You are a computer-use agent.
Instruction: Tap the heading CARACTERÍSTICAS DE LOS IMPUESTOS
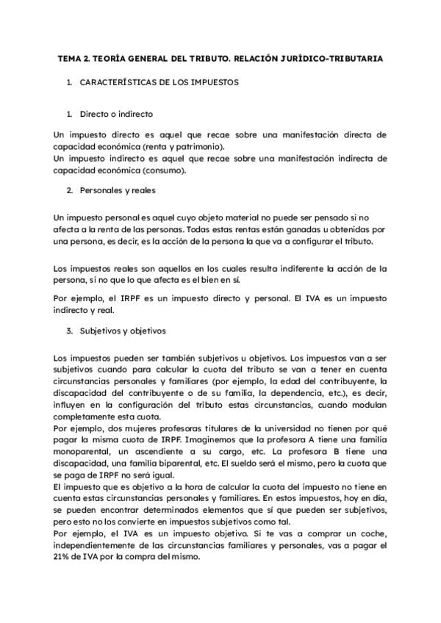159,83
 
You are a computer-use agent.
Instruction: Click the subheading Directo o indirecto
116,115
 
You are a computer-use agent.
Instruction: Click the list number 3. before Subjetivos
70,331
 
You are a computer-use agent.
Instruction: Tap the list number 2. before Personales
70,191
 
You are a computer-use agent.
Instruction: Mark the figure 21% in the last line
64,558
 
